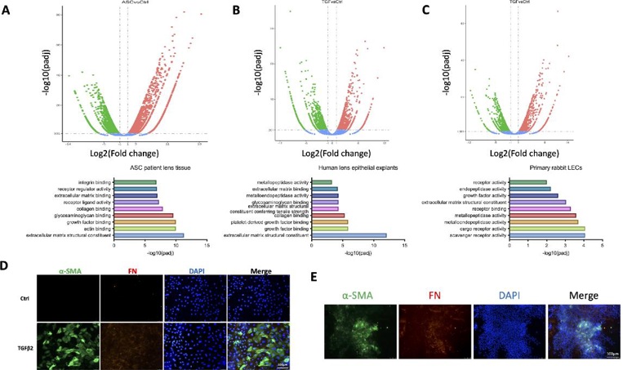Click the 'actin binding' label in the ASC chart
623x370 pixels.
(95, 229)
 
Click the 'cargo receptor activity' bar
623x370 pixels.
(547, 229)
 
